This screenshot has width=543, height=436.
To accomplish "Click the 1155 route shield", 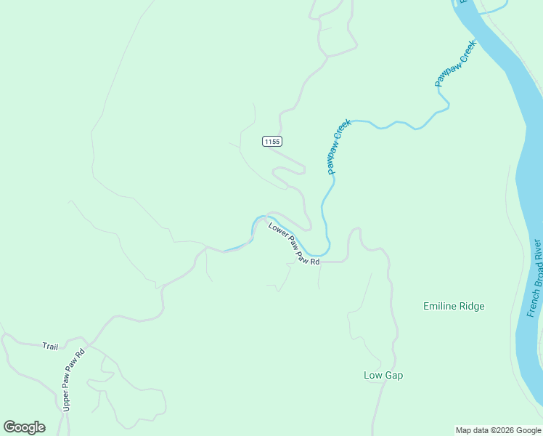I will click(271, 142).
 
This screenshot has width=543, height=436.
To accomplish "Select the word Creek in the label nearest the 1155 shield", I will click(343, 132).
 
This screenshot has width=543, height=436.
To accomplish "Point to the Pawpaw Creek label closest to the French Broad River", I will click(455, 64).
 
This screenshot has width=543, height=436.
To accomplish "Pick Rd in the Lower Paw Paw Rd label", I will click(315, 260).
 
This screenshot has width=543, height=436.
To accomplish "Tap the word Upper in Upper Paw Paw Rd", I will click(66, 400).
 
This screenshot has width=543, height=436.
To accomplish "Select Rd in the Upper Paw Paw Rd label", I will click(81, 354).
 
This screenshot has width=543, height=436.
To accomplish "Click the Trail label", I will click(49, 347).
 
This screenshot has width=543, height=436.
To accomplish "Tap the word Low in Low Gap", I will click(372, 375).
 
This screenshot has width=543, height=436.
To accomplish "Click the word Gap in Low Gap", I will click(393, 375).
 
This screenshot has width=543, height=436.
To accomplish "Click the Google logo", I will click(24, 427).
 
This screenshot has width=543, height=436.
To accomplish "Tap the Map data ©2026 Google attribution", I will click(498, 430).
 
